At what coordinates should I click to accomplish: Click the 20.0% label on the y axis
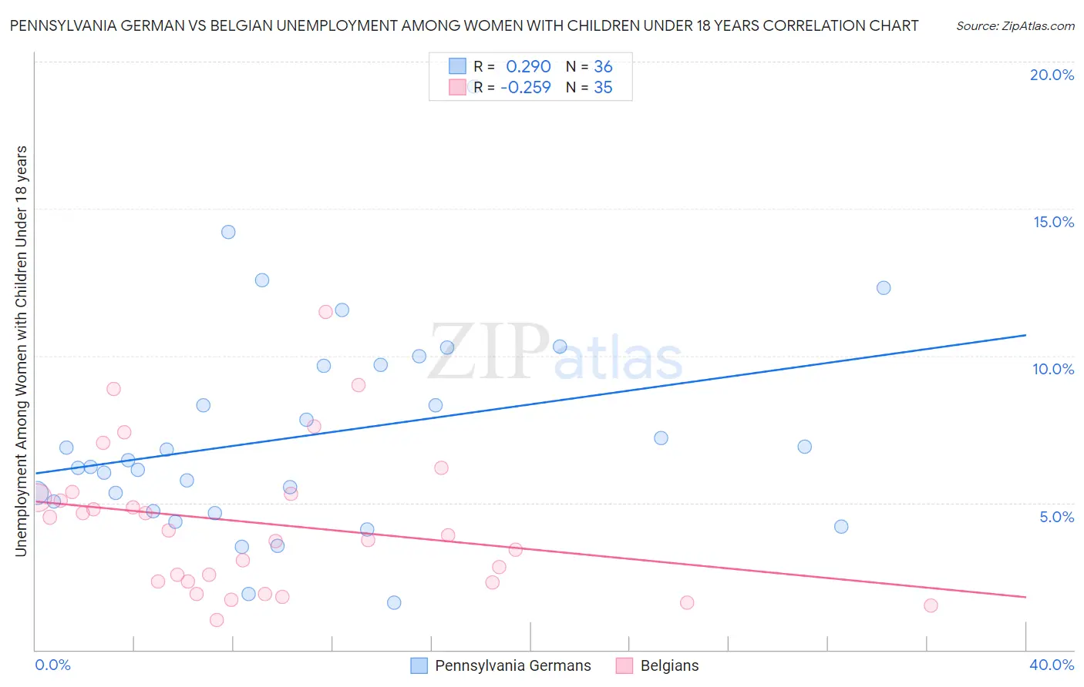[x=1052, y=75]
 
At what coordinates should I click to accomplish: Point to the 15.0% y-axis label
[x=1053, y=222]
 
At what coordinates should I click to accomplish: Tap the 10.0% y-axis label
[x=1053, y=369]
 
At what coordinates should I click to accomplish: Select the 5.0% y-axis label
[x=1056, y=517]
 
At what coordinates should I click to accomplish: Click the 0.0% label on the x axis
[x=52, y=665]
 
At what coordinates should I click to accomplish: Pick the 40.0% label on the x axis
[x=1051, y=665]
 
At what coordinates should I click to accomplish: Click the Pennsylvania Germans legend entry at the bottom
[x=513, y=665]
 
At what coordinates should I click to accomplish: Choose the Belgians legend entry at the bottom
[x=669, y=665]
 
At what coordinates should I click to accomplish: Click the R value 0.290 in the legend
[x=528, y=67]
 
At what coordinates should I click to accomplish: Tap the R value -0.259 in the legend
[x=526, y=88]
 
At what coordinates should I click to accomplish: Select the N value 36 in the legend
[x=603, y=67]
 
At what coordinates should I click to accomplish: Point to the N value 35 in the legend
[x=603, y=88]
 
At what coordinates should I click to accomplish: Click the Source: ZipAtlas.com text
[x=1015, y=26]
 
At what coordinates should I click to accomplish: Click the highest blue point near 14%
[x=228, y=232]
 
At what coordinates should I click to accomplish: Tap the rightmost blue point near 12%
[x=884, y=288]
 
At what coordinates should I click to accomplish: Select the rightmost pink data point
[x=931, y=605]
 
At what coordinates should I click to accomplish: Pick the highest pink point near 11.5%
[x=325, y=312]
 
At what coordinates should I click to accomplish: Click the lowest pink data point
[x=217, y=620]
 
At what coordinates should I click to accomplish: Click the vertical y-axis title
[x=21, y=350]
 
